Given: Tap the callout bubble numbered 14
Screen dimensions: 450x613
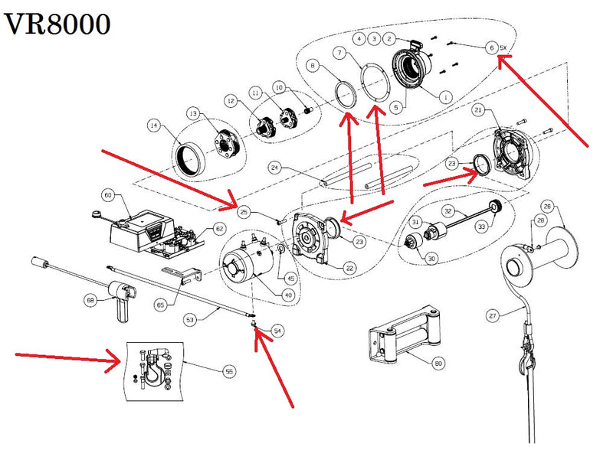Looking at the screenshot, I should (155, 126).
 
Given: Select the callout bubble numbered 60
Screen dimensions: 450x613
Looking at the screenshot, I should (108, 196).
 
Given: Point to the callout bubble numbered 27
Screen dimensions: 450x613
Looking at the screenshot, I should (493, 315).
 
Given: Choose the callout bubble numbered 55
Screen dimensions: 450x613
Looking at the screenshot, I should (228, 371).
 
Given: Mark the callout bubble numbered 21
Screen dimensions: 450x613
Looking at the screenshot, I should (477, 111).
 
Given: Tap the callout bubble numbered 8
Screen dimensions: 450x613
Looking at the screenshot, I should (312, 67).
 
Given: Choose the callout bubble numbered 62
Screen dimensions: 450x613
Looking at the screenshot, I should (218, 228).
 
